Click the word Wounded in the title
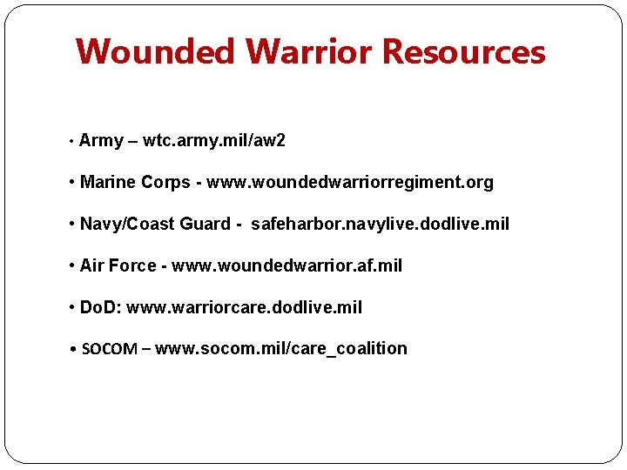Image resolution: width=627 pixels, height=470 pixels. click(155, 52)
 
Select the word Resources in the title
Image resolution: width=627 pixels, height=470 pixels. click(464, 52)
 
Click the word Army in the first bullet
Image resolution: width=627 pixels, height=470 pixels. click(101, 141)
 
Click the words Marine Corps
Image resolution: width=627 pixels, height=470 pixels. click(136, 183)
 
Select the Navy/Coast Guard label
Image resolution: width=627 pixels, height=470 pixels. click(155, 225)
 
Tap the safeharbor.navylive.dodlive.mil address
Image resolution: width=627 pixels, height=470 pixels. click(381, 225)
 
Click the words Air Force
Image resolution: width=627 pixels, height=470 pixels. click(118, 266)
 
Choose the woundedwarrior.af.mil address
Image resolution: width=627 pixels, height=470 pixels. click(287, 266)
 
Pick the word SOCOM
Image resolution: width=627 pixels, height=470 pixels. click(109, 349)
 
